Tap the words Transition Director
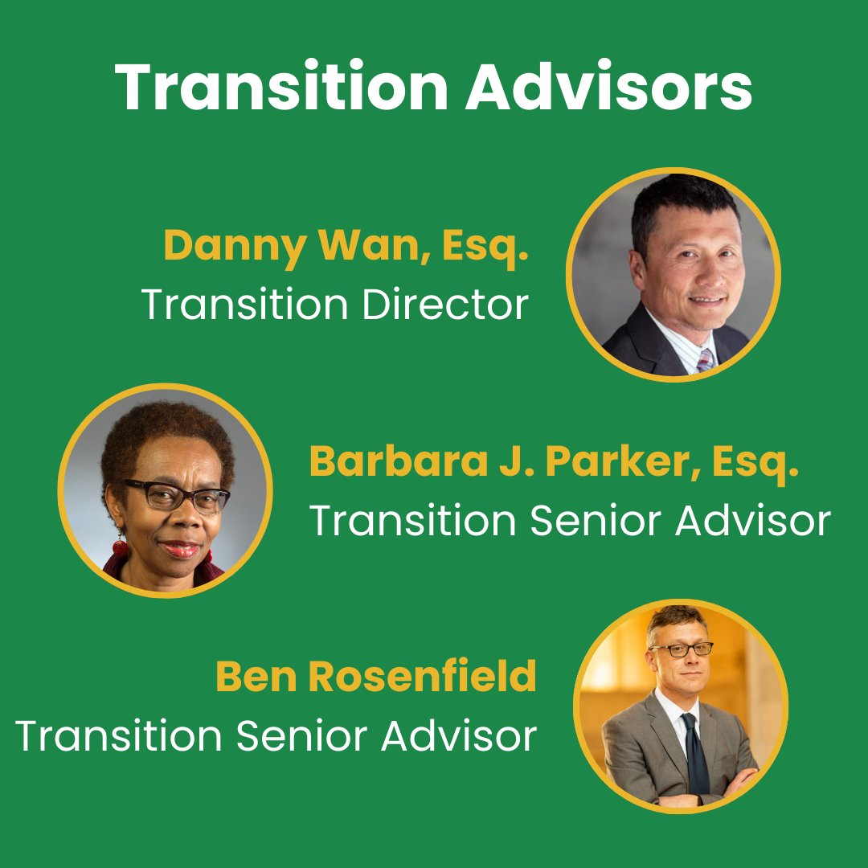pyautogui.click(x=335, y=305)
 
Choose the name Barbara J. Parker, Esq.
pyautogui.click(x=555, y=462)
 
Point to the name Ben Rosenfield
pyautogui.click(x=375, y=677)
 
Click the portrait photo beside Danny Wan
pyautogui.click(x=674, y=274)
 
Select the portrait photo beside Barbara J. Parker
pyautogui.click(x=166, y=490)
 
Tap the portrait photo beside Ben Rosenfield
pyautogui.click(x=680, y=706)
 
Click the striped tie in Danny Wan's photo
pyautogui.click(x=705, y=359)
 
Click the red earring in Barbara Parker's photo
pyautogui.click(x=120, y=548)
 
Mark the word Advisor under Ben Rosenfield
pyautogui.click(x=458, y=736)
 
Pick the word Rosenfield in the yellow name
pyautogui.click(x=423, y=677)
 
